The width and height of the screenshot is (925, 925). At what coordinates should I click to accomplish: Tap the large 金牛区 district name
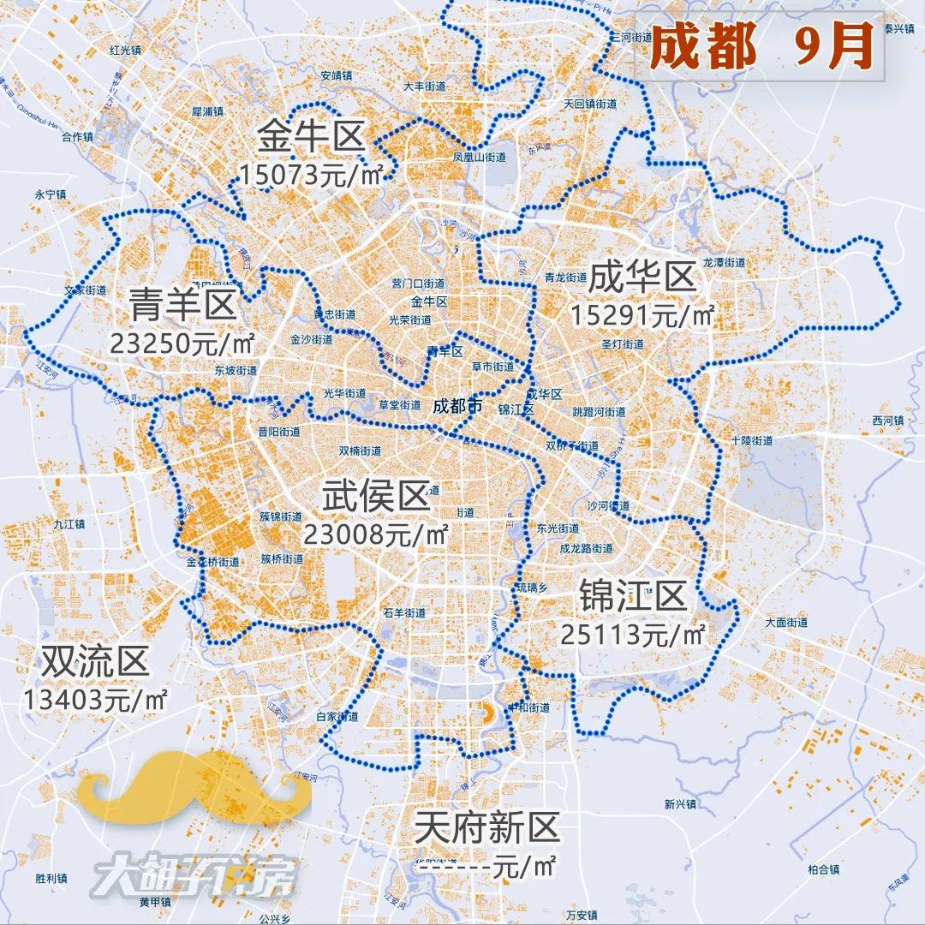[x=313, y=136]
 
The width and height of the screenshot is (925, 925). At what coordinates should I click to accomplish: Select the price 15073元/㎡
[x=311, y=175]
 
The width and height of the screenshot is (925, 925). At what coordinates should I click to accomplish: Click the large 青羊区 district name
[x=182, y=303]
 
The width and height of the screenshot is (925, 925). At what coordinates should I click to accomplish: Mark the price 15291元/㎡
[x=642, y=315]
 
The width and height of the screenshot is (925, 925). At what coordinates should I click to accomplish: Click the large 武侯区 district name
[x=375, y=496]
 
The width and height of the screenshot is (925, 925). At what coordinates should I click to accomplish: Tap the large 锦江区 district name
[x=633, y=596]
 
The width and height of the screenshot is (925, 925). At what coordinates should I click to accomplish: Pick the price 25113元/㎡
[x=633, y=635]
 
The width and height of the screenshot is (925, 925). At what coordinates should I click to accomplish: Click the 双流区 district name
[x=96, y=660]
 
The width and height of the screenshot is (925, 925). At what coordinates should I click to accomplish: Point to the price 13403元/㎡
[x=96, y=699]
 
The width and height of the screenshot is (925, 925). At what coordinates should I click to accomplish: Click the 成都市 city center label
[x=457, y=406]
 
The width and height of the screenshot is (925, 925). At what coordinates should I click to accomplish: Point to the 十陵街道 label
[x=752, y=440]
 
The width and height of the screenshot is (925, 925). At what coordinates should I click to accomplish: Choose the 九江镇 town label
[x=69, y=524]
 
